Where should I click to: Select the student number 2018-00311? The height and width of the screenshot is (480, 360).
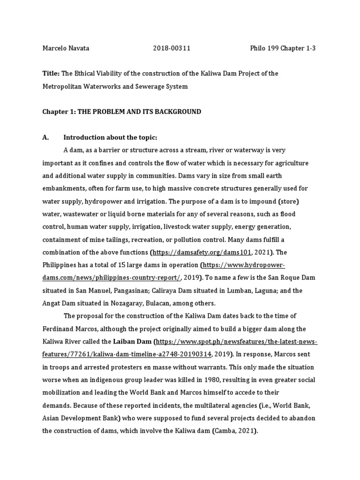172,49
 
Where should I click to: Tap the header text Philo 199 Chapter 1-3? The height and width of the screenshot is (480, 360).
282,49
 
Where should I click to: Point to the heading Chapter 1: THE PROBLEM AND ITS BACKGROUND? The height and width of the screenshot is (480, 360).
121,112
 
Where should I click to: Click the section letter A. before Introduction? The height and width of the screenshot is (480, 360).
45,137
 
